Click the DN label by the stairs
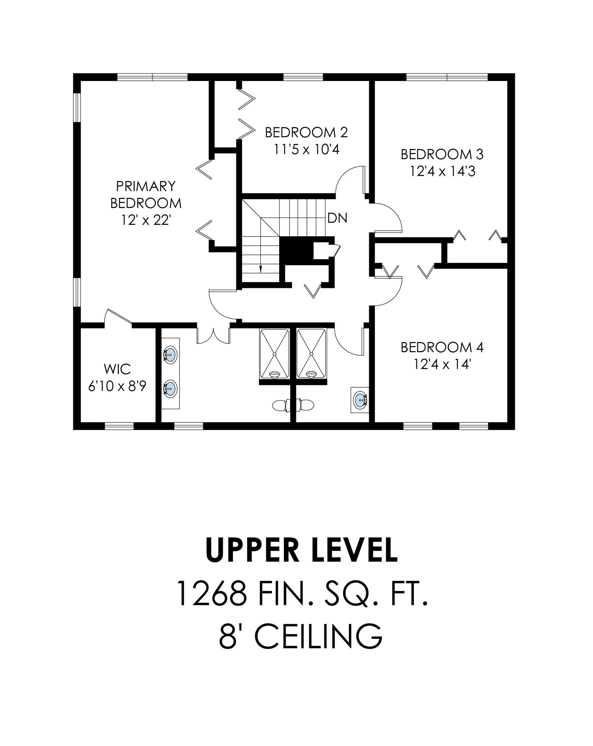pyautogui.click(x=337, y=218)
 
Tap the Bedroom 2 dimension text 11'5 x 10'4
pyautogui.click(x=306, y=149)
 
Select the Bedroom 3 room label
pyautogui.click(x=442, y=154)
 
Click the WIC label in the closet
pyautogui.click(x=117, y=369)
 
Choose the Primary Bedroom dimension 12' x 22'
pyautogui.click(x=146, y=220)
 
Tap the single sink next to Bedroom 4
pyautogui.click(x=360, y=400)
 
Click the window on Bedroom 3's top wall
pyautogui.click(x=446, y=77)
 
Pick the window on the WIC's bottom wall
pyautogui.click(x=119, y=426)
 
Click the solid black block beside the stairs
pyautogui.click(x=296, y=251)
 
